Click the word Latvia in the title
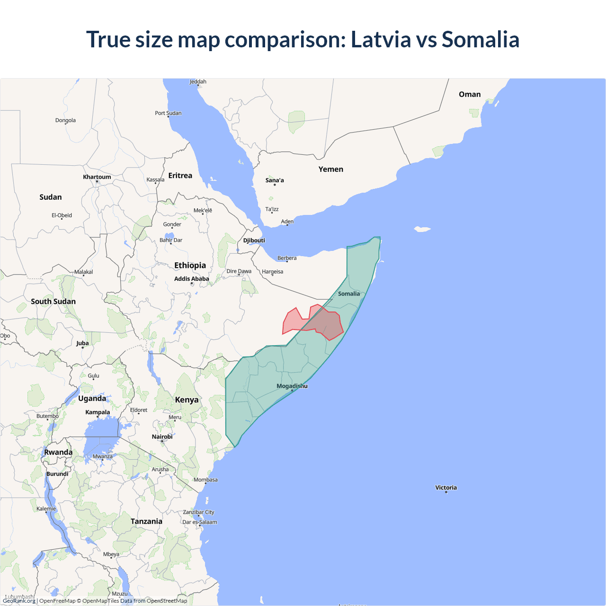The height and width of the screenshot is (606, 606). (381, 39)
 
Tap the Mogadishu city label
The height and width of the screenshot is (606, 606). (292, 386)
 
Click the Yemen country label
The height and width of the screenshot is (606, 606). (330, 169)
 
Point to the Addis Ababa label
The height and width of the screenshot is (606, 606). (191, 279)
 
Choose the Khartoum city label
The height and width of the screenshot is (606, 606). (97, 177)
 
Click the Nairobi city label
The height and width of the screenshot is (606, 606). (162, 437)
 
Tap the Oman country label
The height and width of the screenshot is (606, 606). (469, 94)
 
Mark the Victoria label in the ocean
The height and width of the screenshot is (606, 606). (446, 488)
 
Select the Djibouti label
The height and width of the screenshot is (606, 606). (254, 241)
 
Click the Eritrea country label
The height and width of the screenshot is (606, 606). (180, 176)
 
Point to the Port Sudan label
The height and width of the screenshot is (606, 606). (168, 113)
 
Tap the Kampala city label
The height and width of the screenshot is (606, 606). (98, 412)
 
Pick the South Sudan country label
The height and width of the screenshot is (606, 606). (53, 302)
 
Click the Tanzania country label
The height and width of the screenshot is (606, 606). (146, 521)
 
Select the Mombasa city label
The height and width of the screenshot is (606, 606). (205, 480)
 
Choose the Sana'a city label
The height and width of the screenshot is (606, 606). (275, 180)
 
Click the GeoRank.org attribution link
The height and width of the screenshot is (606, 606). (19, 601)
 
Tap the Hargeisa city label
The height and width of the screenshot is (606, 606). (272, 272)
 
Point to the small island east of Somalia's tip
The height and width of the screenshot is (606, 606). (422, 229)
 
